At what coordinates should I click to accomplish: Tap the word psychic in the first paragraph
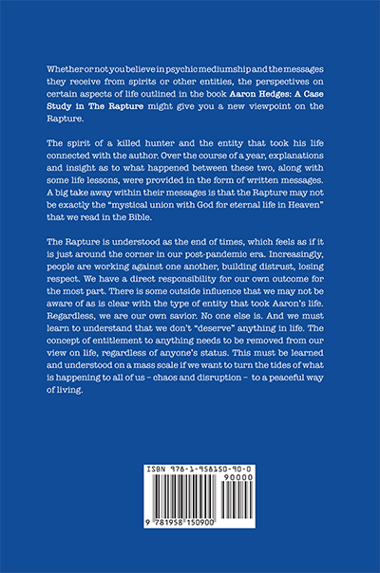tap(195, 71)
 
